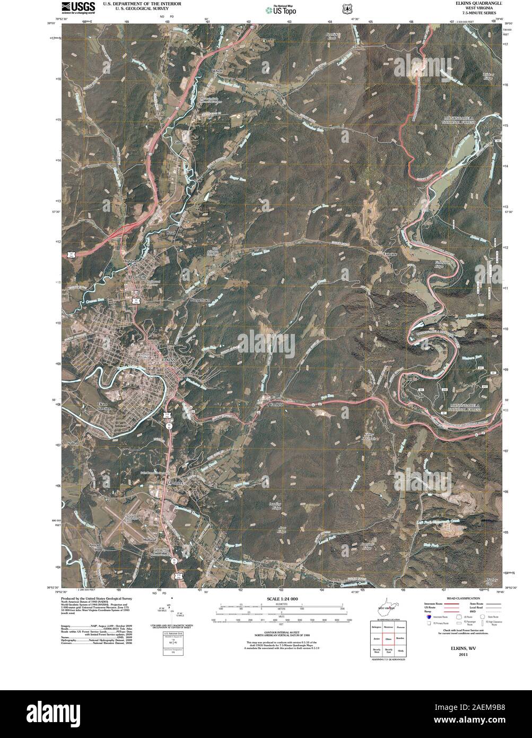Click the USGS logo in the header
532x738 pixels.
79,7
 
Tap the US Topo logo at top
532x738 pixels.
281,8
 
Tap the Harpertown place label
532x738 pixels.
200,300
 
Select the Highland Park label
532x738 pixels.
131,262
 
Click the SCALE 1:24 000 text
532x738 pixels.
280,599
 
